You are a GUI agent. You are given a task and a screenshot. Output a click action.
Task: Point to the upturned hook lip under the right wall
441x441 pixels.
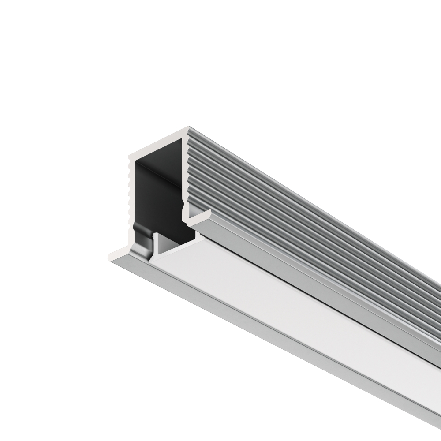pos(201,219)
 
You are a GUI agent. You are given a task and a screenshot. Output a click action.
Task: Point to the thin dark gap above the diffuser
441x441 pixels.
pos(309,291)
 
